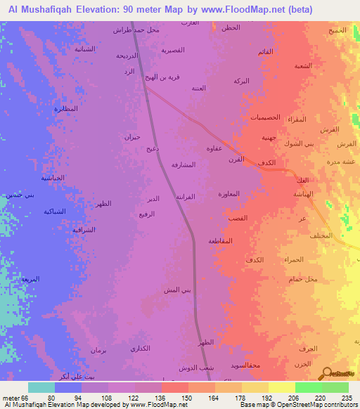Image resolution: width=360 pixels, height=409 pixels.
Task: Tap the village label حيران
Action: (133, 137)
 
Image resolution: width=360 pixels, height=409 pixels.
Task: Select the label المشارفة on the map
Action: (184, 164)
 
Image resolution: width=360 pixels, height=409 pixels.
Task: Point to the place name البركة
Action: (241, 82)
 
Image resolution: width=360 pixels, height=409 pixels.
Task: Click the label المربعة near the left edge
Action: (30, 279)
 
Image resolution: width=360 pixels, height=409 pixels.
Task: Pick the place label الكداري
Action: (141, 349)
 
